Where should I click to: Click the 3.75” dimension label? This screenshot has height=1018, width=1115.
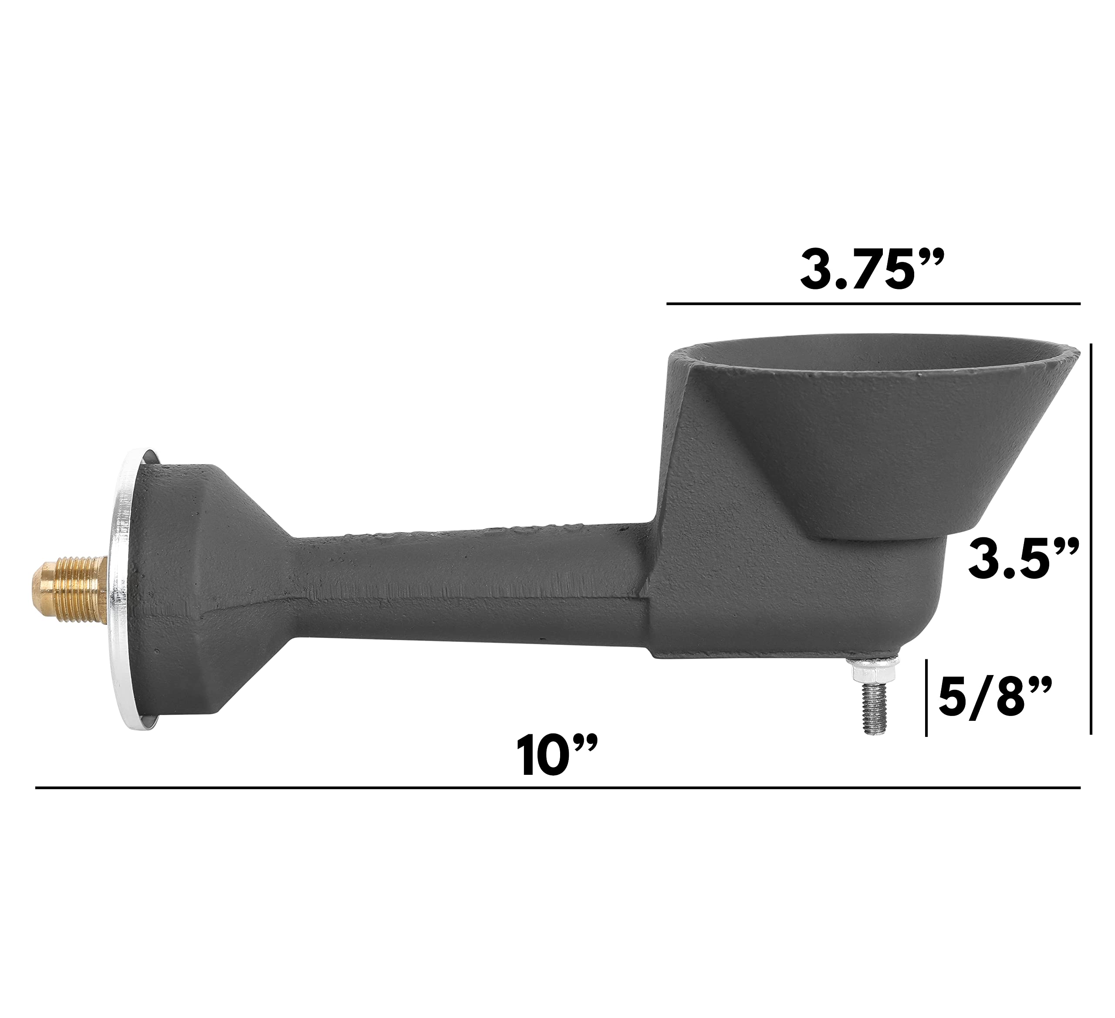(873, 271)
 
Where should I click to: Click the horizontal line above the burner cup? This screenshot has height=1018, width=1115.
(873, 304)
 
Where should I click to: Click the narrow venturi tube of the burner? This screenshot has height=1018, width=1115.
(470, 587)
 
